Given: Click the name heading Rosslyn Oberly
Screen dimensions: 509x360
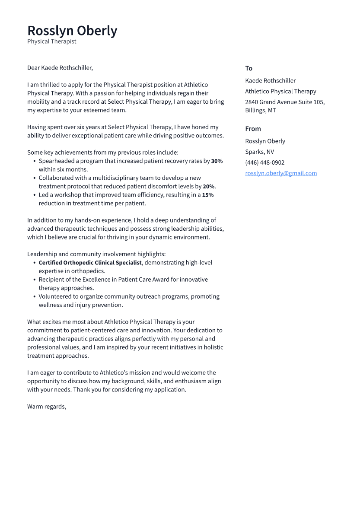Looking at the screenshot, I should (x=72, y=31).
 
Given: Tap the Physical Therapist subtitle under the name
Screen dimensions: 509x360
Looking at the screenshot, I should (x=51, y=41).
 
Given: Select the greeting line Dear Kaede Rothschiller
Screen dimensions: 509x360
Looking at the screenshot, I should (x=60, y=68).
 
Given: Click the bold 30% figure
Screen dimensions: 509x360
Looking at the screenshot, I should (x=217, y=161).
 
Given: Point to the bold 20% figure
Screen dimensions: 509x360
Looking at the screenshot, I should (x=208, y=187).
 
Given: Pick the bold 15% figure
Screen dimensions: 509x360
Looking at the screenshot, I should (x=207, y=195).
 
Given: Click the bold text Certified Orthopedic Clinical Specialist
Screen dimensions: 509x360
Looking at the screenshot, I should (x=90, y=263).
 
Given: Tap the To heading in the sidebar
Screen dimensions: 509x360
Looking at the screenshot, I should (x=248, y=68).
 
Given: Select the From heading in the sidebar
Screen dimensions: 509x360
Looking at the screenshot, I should (x=253, y=129).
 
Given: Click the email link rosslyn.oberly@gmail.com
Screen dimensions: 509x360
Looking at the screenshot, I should (x=281, y=173).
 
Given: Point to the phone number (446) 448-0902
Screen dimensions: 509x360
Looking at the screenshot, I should (x=264, y=162).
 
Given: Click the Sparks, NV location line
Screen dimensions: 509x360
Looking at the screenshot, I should (x=259, y=152).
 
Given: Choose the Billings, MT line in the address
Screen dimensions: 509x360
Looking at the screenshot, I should (x=260, y=110).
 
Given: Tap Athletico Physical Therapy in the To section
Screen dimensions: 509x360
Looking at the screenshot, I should (x=280, y=91).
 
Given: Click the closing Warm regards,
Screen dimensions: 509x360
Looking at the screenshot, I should (x=47, y=407).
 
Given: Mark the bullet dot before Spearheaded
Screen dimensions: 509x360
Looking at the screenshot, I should (x=34, y=161).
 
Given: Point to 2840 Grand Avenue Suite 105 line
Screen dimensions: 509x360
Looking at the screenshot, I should (x=285, y=102).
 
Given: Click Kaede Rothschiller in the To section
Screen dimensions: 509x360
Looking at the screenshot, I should (x=270, y=80).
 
